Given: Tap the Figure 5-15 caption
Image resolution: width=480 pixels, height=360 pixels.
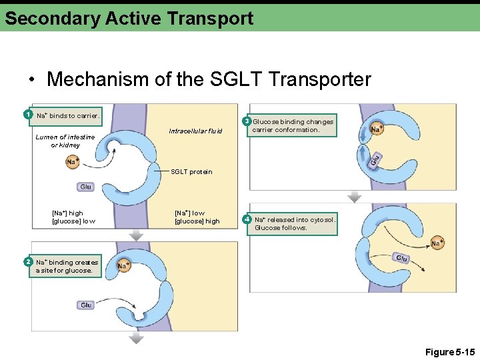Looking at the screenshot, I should pos(449,351).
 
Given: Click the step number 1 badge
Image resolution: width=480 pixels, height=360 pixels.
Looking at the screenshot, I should pos(27,115).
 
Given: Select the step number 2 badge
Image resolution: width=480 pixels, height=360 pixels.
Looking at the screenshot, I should pos(27,261).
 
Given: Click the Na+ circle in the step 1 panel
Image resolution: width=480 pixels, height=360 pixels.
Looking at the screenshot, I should pos(73,161).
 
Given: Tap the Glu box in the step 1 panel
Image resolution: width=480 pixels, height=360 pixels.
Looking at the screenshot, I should pos(85,187).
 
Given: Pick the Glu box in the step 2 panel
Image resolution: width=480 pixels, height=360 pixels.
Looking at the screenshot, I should pos(86,305).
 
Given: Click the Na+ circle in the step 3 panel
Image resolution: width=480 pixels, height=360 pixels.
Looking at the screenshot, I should pos(377,129).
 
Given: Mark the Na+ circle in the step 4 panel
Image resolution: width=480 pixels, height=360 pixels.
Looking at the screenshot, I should pos(437,243).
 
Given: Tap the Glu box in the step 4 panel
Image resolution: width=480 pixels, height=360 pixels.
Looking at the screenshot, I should pos(401,258).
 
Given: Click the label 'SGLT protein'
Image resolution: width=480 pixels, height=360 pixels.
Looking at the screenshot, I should pos(191,172).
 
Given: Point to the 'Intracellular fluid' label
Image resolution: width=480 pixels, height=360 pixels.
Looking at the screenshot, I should pos(195,131).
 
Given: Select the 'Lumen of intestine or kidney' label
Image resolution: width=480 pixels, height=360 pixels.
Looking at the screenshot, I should pos(65,141).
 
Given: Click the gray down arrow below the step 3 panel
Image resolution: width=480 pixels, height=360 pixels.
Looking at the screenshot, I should pos(355,197).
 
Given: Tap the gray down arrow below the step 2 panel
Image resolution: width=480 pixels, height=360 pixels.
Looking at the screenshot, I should pos(136,339).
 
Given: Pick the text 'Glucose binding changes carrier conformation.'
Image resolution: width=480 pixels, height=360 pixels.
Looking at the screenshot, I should pos(293,126).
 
